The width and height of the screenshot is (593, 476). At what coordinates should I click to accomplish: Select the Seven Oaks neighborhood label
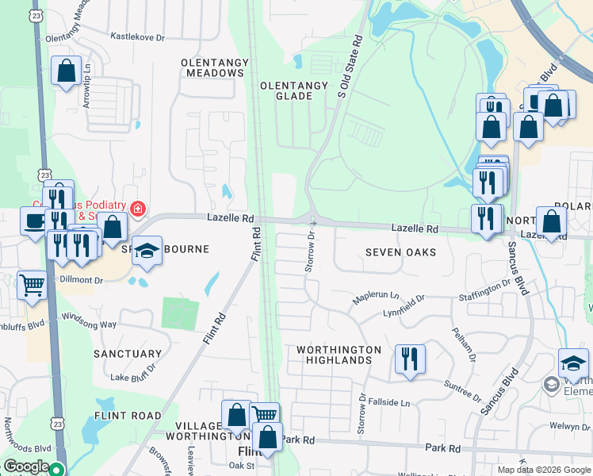(x=400, y=252)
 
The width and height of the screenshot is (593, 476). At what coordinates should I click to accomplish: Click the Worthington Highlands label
(x=339, y=355)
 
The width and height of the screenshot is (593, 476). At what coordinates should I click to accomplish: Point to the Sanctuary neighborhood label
(x=128, y=354)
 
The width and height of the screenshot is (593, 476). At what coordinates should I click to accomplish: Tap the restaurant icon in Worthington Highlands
(x=409, y=359)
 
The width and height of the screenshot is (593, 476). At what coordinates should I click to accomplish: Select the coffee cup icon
(x=34, y=221)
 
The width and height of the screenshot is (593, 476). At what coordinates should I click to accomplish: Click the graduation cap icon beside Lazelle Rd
(x=147, y=251)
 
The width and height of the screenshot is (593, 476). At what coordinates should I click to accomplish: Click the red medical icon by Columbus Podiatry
(x=138, y=209)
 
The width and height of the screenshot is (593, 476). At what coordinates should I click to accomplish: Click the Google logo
(x=26, y=467)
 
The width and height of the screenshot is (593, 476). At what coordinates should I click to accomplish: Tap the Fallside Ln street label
(x=393, y=403)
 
